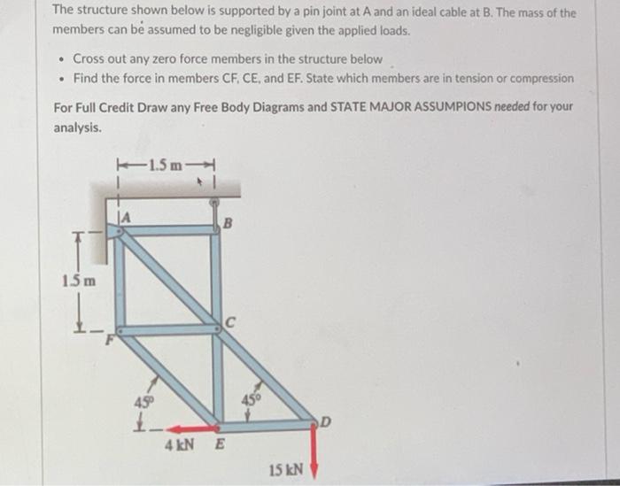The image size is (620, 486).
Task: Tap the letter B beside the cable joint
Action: pos(227,224)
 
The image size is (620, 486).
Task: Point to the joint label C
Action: pos(229,322)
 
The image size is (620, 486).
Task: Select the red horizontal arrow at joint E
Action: pos(188,425)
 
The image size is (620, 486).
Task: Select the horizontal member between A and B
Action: pos(168,230)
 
